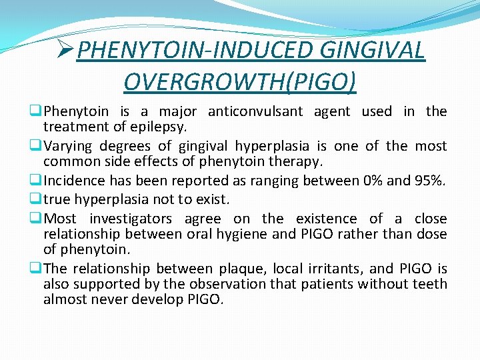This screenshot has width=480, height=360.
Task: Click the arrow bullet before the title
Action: coord(65,50)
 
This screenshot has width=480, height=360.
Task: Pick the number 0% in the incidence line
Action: coord(369,181)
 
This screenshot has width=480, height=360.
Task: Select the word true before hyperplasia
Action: coord(57,199)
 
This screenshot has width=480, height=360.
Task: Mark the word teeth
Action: coord(431,284)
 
